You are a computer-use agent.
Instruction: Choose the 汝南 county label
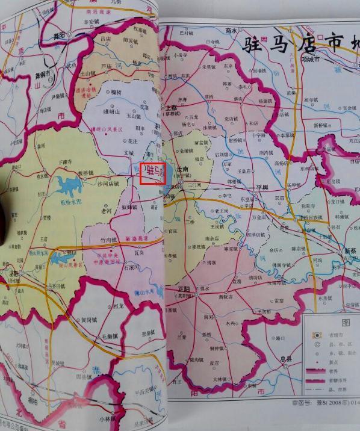(182, 170)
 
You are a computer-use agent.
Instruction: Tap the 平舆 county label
(261, 187)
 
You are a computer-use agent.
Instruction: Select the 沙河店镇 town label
(109, 182)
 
